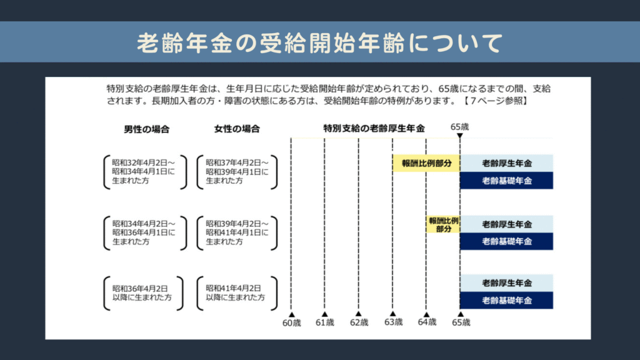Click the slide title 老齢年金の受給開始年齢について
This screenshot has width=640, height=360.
point(319,42)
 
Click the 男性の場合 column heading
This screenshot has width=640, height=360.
point(146,129)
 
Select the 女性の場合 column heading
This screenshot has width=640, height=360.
point(237,129)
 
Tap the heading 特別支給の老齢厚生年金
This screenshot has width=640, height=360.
point(374,129)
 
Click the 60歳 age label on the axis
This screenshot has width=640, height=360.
point(292,322)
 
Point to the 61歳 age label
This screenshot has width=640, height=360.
point(325,322)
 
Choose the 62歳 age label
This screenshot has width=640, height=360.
point(359,322)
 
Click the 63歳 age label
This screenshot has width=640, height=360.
point(393,322)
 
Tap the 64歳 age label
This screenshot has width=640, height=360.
point(427,322)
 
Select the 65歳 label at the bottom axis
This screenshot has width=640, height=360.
point(461,322)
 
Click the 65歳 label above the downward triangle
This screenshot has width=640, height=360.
point(459,127)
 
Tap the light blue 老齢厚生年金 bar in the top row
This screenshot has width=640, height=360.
point(507,163)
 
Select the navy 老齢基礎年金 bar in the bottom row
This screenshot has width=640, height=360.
point(507,301)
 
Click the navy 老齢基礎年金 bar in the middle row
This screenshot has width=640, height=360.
point(507,241)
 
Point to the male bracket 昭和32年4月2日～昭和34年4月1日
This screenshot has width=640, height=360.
point(145,171)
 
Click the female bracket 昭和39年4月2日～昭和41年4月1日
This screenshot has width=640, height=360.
point(237,232)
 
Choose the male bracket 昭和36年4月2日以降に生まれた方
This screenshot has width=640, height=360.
point(144,292)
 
